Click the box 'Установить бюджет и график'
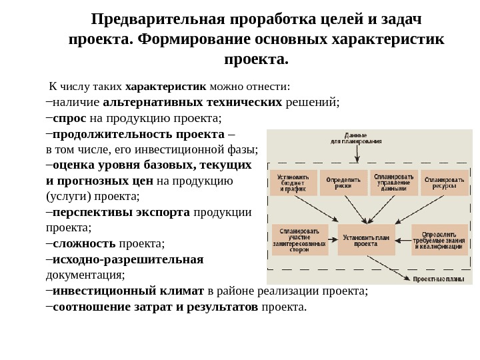pos(293,183)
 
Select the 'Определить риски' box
pos(343,183)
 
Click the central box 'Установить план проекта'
pos(366,239)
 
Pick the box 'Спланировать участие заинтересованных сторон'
pos(300,239)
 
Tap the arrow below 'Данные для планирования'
pos(358,154)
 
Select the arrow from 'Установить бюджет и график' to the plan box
pos(314,208)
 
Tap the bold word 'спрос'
pos(69,118)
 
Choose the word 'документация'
pos(85,275)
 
